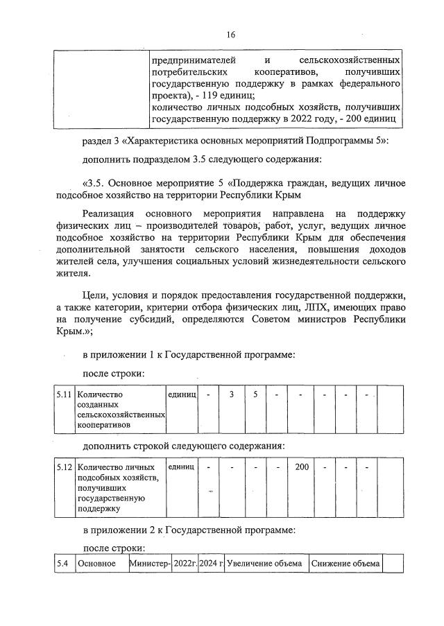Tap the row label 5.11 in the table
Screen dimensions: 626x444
(65, 394)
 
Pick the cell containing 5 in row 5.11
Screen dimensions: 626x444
(255, 394)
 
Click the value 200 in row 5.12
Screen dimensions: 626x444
(302, 467)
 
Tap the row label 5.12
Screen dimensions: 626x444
(65, 467)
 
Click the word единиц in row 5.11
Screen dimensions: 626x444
(182, 394)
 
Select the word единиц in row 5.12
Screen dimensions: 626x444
(182, 467)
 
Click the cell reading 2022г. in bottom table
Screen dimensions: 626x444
(185, 564)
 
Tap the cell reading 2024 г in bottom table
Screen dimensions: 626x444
(211, 564)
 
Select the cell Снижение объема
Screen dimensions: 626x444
(345, 564)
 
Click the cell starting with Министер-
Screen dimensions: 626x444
(150, 564)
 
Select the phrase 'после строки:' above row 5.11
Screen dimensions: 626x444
(113, 374)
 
